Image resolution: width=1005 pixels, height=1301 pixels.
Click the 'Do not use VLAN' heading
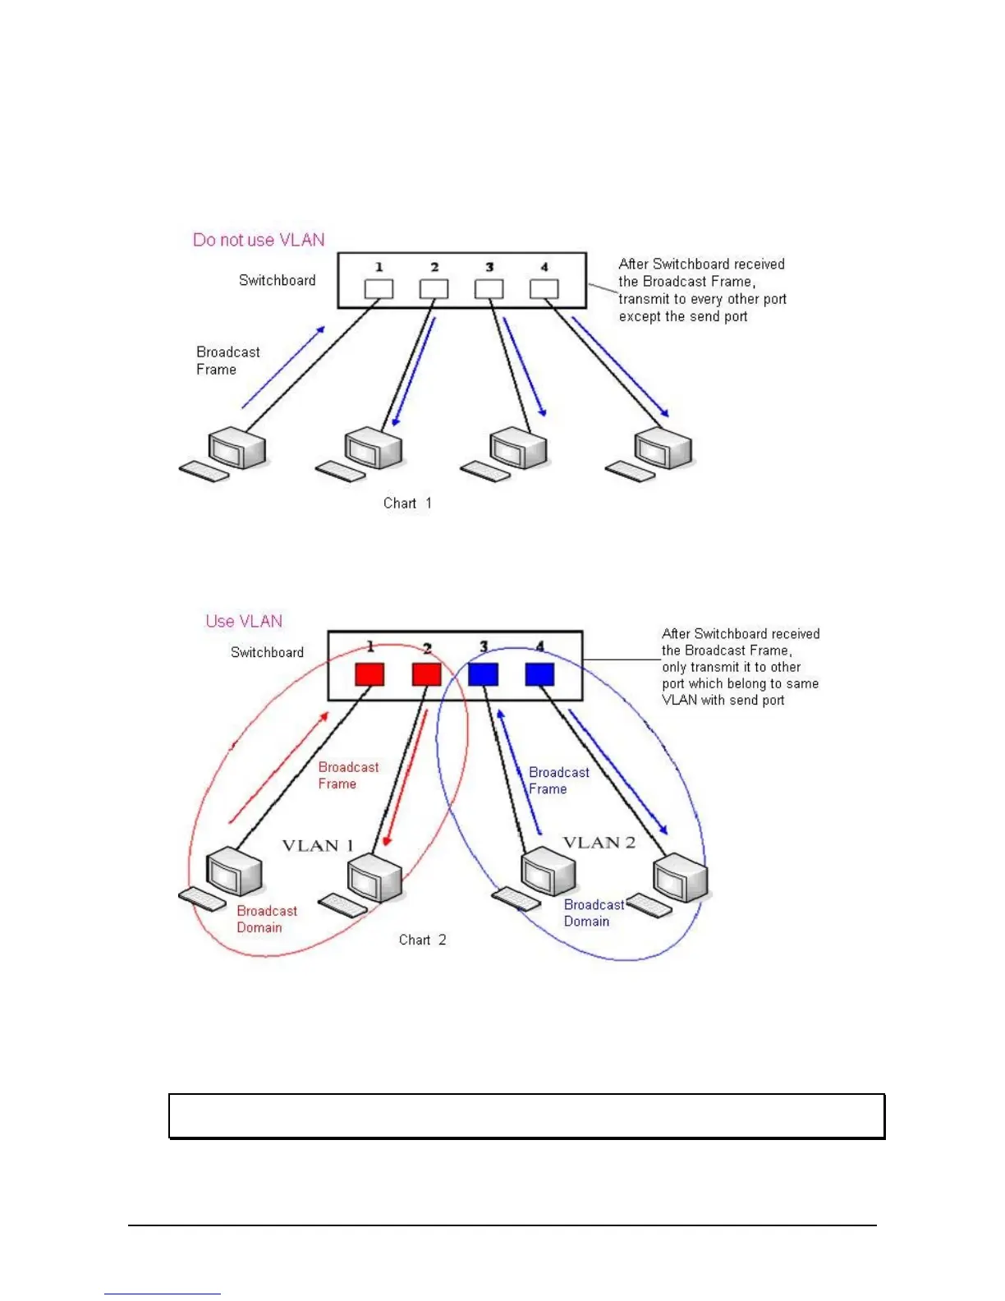pyautogui.click(x=259, y=240)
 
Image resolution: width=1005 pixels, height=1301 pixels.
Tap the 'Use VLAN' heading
pyautogui.click(x=244, y=622)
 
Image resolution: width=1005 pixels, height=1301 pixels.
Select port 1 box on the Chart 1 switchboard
pyautogui.click(x=379, y=289)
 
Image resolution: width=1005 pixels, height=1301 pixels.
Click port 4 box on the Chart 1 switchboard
pyautogui.click(x=544, y=289)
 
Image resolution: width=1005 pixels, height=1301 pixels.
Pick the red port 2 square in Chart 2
pyautogui.click(x=426, y=674)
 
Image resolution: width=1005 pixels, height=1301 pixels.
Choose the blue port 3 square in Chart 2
pyautogui.click(x=483, y=674)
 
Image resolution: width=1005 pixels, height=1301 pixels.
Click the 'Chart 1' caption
pyautogui.click(x=407, y=503)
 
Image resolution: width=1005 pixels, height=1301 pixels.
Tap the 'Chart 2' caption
pyautogui.click(x=422, y=940)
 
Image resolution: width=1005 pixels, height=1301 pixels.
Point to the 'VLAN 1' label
pyautogui.click(x=318, y=846)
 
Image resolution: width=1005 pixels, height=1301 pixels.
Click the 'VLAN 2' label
pyautogui.click(x=599, y=843)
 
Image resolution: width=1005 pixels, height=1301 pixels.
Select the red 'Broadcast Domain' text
pyautogui.click(x=267, y=919)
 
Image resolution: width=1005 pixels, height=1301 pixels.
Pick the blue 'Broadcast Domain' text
pyautogui.click(x=594, y=913)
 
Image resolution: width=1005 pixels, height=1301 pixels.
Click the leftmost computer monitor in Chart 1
pyautogui.click(x=236, y=449)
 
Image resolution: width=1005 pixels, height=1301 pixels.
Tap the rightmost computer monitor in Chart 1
pyautogui.click(x=663, y=448)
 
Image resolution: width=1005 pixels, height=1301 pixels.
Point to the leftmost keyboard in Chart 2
pyautogui.click(x=202, y=899)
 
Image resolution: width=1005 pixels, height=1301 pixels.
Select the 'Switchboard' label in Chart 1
pyautogui.click(x=277, y=281)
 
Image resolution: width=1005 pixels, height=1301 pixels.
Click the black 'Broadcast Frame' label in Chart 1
pyautogui.click(x=227, y=361)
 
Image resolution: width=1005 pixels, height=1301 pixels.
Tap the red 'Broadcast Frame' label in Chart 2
pyautogui.click(x=348, y=775)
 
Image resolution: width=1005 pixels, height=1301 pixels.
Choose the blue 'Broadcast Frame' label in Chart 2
pyautogui.click(x=558, y=780)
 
